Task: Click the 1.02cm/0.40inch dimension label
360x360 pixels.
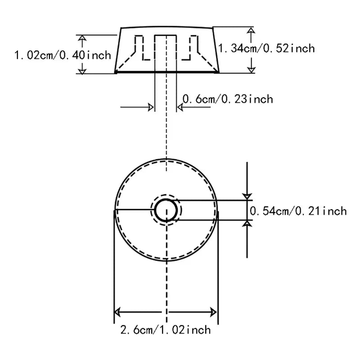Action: coord(63,55)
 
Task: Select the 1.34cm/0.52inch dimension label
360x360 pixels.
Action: coord(266,49)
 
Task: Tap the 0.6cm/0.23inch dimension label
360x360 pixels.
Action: coord(228,99)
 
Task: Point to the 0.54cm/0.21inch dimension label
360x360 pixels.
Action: coord(298,211)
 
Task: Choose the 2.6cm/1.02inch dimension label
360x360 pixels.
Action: coord(166,330)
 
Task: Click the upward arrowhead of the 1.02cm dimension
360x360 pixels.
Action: coord(82,39)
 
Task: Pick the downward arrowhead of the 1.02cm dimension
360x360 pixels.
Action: coord(82,71)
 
